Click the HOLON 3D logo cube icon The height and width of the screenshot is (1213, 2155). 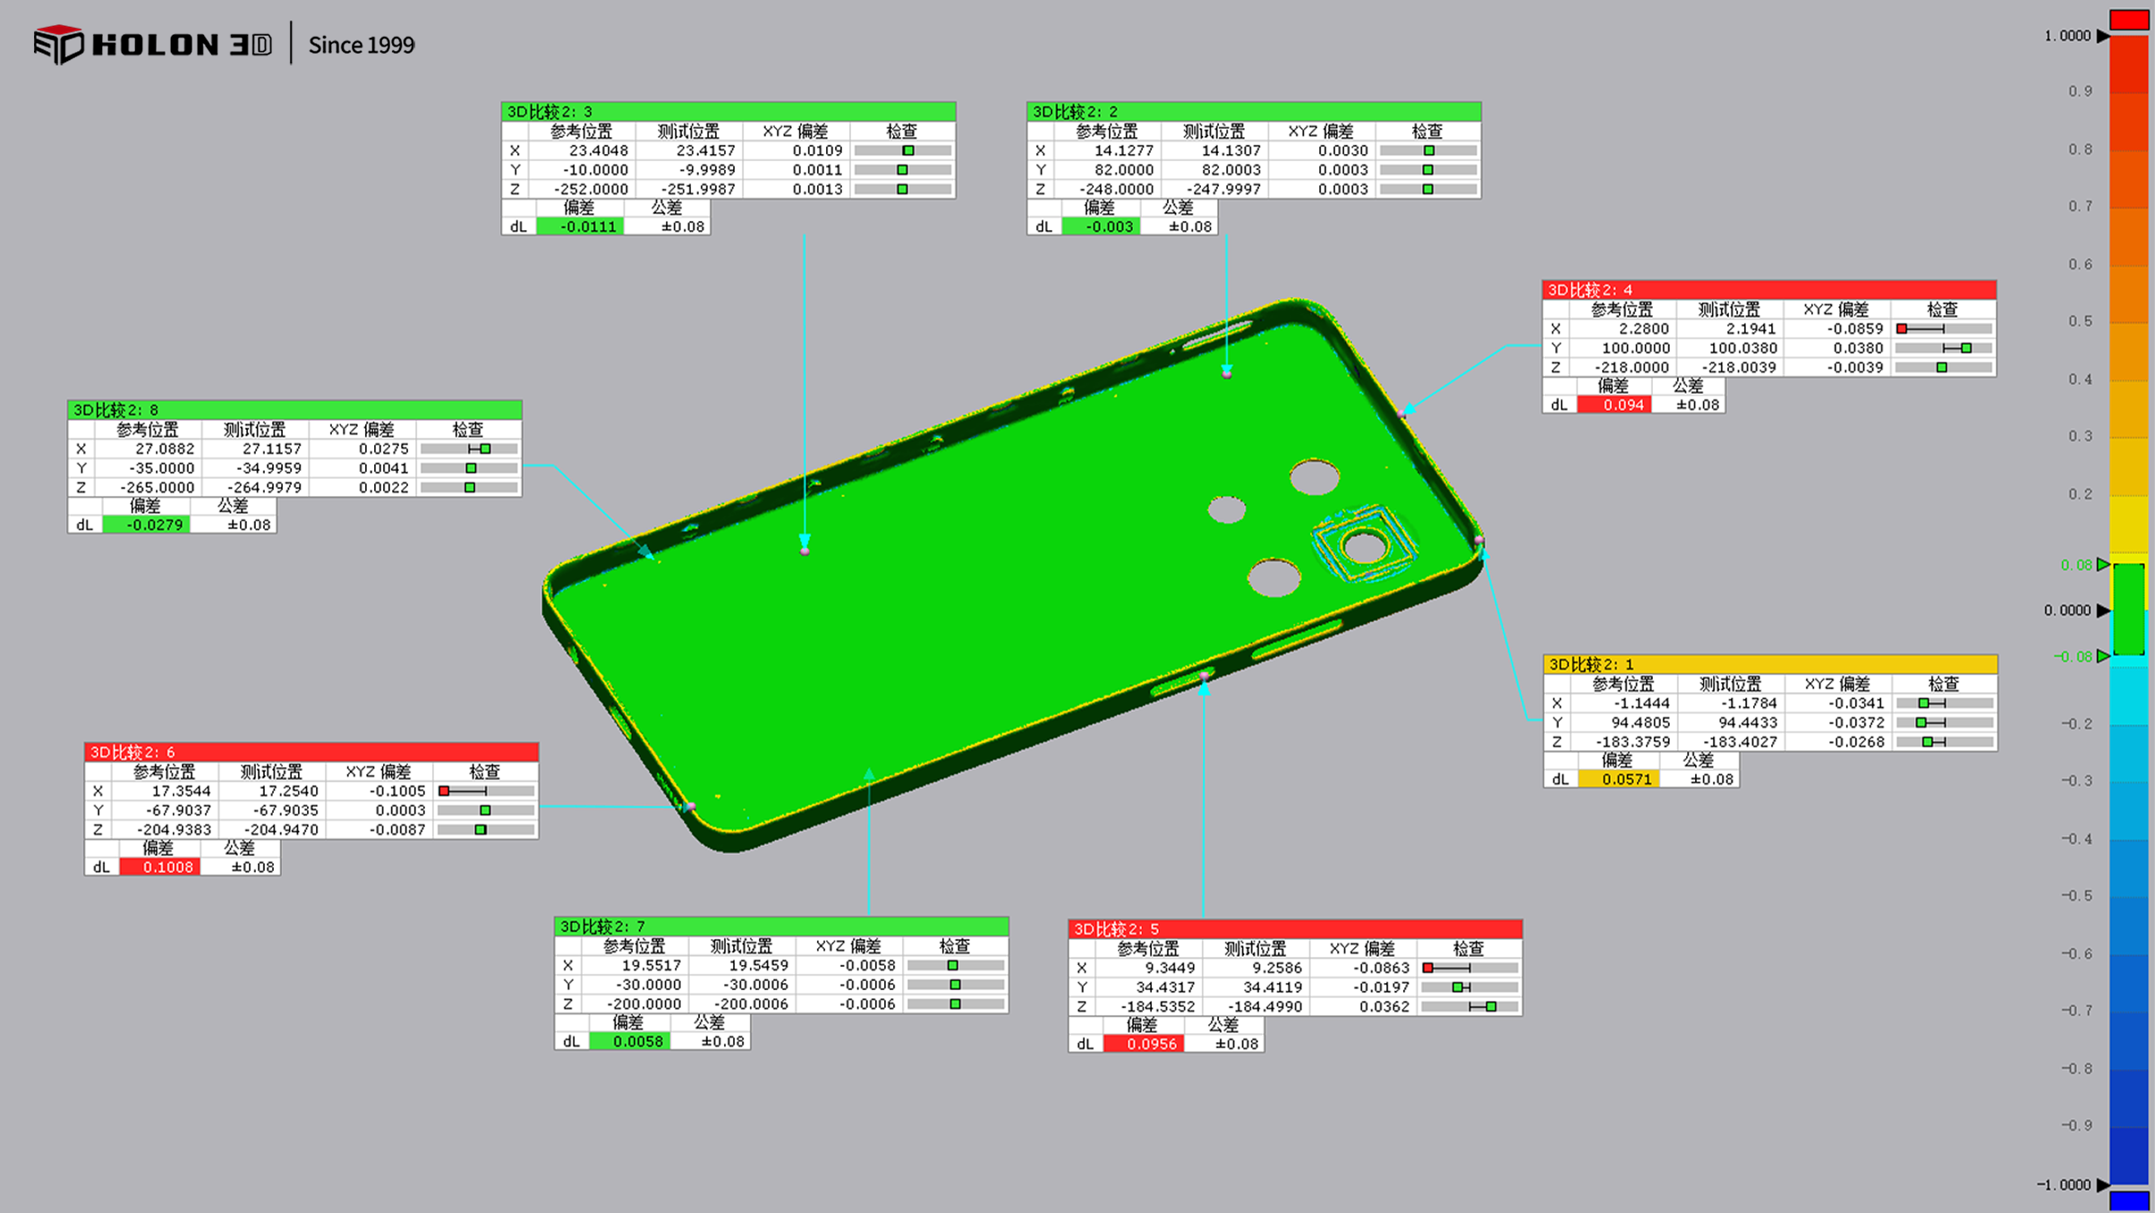58,44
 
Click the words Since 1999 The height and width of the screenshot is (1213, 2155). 362,45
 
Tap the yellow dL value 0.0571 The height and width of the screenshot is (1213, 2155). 1619,779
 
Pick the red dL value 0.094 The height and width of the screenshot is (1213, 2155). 1614,405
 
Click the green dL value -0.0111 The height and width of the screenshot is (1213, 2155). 580,226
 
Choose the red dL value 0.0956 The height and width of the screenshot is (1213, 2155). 1144,1044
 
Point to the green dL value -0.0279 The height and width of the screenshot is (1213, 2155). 147,525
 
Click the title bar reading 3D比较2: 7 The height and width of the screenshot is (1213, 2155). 781,926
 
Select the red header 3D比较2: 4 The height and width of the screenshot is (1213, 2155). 1769,289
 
